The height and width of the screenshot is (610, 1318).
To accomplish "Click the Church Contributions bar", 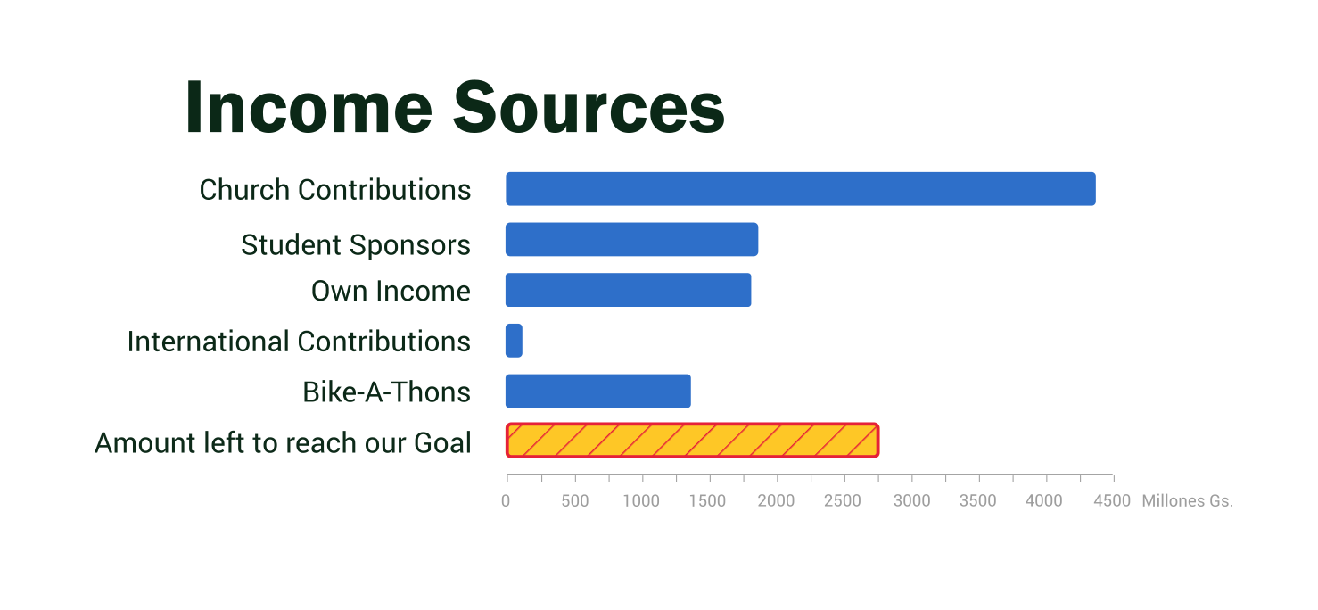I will [x=800, y=189].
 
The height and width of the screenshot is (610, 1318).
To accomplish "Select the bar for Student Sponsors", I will [x=631, y=240].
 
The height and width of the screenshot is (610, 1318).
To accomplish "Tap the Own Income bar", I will [x=628, y=290].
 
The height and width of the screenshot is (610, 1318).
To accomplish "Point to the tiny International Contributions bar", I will [x=514, y=341].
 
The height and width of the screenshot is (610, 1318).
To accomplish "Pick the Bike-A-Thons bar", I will [x=597, y=392].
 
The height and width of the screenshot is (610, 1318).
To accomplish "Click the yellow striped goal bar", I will [x=692, y=441].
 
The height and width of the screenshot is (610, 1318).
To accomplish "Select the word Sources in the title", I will [x=589, y=108].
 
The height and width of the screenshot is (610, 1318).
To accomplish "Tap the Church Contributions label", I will [x=335, y=190].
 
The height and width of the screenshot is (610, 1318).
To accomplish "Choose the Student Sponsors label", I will [x=356, y=245].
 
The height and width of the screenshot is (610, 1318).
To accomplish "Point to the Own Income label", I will [x=391, y=292].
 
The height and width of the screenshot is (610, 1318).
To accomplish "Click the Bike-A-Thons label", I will [x=387, y=392].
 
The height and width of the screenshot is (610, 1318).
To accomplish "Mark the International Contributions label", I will [x=299, y=342].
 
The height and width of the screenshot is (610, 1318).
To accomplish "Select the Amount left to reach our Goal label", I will [x=283, y=443].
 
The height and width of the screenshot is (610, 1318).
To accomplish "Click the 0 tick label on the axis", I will [x=506, y=501].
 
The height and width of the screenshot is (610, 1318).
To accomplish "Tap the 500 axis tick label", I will [x=574, y=501].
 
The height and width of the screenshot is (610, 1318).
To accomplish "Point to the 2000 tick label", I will [x=776, y=501].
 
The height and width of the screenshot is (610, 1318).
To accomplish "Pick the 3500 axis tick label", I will [x=977, y=501].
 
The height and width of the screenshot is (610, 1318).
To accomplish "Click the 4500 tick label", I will [x=1112, y=501].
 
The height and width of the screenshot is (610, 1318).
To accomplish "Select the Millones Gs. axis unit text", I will [x=1187, y=501].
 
